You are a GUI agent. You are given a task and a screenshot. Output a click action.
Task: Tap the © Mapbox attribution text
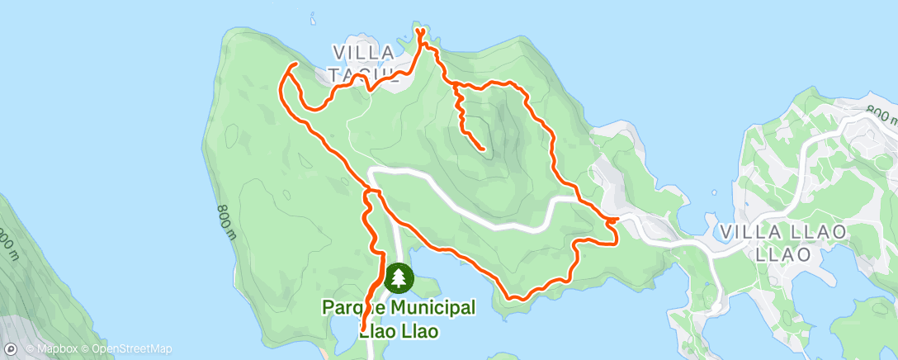[54, 348]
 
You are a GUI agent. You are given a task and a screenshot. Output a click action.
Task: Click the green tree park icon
[399, 277]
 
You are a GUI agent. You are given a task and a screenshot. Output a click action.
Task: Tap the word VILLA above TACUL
[364, 52]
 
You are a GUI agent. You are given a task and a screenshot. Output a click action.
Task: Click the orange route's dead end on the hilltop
[482, 149]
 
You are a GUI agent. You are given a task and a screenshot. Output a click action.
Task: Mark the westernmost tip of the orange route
[282, 82]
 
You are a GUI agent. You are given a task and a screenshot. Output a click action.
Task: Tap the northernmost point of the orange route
[419, 30]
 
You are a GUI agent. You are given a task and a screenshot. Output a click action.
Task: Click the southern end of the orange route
[362, 331]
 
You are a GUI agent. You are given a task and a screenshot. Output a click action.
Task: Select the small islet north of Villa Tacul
[312, 15]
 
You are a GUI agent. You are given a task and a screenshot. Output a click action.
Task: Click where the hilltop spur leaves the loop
[453, 84]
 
